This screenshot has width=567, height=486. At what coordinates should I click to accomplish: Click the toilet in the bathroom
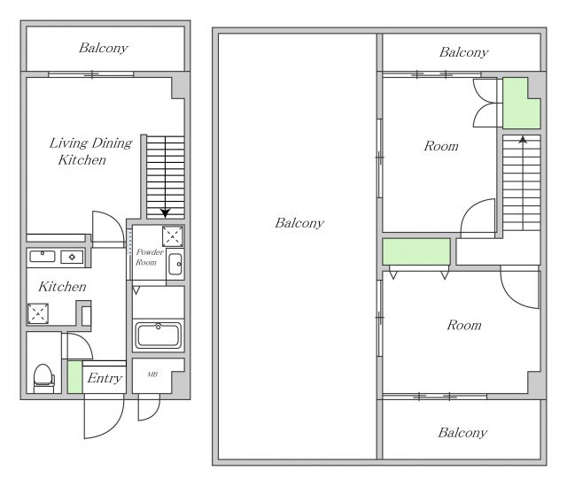pos(43,378)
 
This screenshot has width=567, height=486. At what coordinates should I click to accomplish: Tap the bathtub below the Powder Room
pos(158,335)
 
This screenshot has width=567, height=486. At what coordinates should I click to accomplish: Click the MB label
pos(152,374)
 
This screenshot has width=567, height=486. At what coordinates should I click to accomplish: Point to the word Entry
pos(105,378)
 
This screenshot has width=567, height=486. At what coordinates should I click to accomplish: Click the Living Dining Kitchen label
pos(90,151)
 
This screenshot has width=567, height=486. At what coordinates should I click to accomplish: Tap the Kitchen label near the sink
pos(62,287)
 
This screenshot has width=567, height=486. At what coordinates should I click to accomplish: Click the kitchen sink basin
pos(43,257)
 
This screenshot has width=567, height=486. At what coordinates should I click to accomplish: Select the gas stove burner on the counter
pos(72,257)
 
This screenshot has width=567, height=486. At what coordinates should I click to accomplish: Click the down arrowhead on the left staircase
pos(166,213)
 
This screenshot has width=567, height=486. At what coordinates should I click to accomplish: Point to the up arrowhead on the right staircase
pos(523,139)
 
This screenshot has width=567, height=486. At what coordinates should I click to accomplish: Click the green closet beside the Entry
pos(74,377)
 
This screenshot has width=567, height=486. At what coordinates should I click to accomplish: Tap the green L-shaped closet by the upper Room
pos(521,104)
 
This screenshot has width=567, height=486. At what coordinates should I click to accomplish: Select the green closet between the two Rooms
pos(416,251)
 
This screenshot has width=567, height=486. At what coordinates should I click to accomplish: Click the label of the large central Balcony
pos(299,223)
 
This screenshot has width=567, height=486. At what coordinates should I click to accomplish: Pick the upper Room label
pos(441,146)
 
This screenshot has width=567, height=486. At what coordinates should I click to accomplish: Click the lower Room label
pos(464,325)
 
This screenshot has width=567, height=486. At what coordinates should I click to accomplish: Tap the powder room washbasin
pos(175,264)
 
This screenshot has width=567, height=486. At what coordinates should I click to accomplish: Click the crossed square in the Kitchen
pos(38,313)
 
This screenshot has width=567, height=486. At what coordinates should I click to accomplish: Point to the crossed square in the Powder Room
pos(173,236)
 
